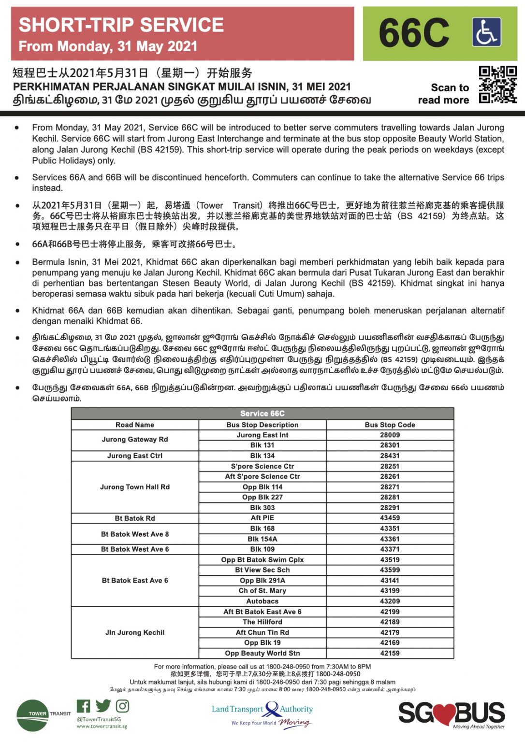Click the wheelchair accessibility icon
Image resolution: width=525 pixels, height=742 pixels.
(x=486, y=32)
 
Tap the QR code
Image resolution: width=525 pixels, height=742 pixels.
(x=498, y=85)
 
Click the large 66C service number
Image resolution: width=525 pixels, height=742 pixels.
(x=414, y=33)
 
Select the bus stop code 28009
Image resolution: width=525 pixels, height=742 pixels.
(x=390, y=435)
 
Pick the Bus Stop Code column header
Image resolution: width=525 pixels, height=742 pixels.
(x=390, y=425)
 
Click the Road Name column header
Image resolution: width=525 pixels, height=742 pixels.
(x=135, y=425)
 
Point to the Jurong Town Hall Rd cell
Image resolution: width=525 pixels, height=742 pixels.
(x=135, y=487)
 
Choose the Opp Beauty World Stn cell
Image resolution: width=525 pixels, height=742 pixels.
(x=262, y=653)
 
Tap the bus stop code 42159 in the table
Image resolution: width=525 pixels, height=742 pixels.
(x=390, y=653)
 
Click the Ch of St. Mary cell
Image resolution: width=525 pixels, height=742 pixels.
(x=262, y=591)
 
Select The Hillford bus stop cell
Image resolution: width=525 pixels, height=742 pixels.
(x=262, y=622)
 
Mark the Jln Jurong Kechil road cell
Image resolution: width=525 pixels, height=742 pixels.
(x=135, y=632)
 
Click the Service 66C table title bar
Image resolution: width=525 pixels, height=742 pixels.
(x=262, y=414)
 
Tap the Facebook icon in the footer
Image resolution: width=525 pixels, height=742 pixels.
(x=83, y=706)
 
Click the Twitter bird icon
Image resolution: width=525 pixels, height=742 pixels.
(x=103, y=706)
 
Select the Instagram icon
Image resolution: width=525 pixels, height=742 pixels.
(x=123, y=706)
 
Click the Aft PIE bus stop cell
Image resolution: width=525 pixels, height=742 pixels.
(x=262, y=518)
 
